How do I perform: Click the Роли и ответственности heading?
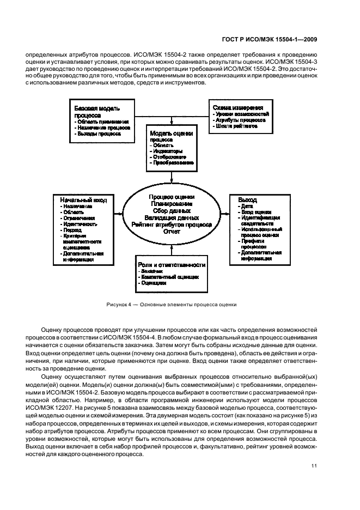click(x=171, y=264)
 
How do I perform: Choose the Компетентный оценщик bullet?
click(x=169, y=277)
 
